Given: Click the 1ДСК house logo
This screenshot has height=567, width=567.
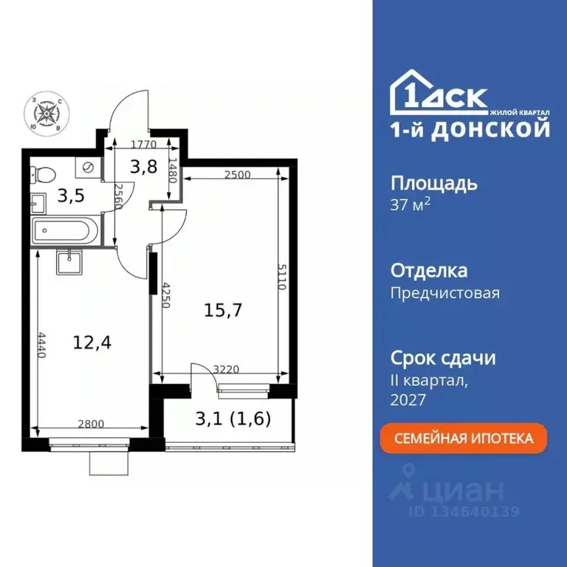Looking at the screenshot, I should click(439, 96).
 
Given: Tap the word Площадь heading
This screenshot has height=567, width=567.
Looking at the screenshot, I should click(433, 184).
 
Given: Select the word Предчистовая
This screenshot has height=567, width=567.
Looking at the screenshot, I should click(444, 293).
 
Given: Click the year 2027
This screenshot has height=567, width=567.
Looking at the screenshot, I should click(408, 399).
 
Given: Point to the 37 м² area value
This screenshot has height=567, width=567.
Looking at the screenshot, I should click(410, 205).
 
